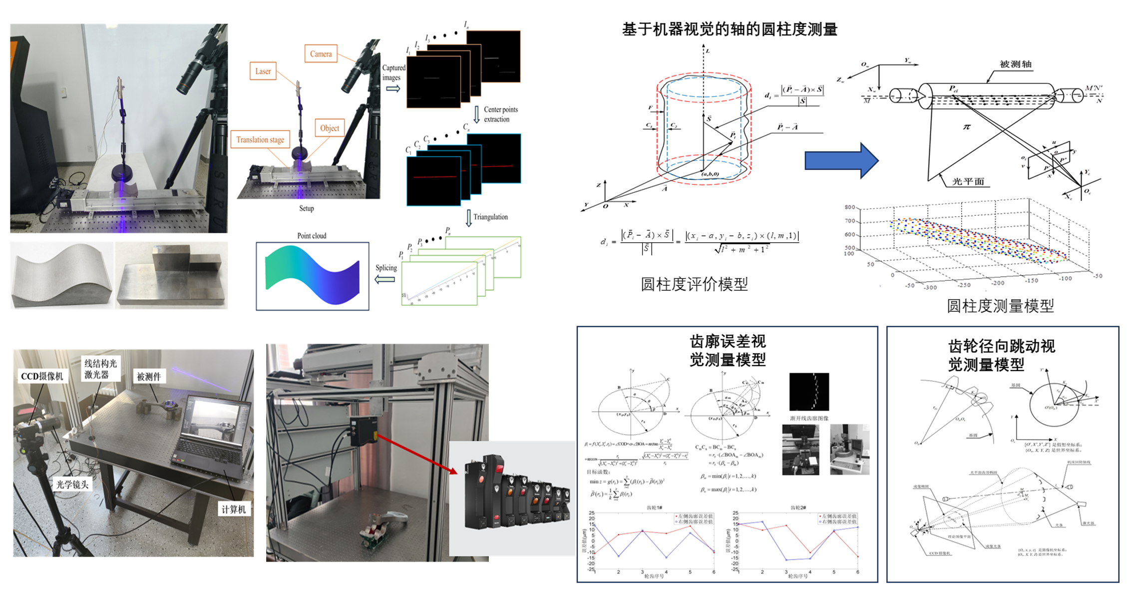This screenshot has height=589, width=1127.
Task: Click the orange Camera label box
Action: click(321, 54)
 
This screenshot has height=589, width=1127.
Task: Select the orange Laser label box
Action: click(263, 71)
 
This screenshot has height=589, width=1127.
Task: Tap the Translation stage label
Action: click(260, 140)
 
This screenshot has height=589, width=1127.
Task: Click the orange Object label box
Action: click(330, 128)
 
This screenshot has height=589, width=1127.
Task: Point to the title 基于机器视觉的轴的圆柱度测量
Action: click(730, 29)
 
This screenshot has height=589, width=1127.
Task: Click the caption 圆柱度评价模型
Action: click(694, 284)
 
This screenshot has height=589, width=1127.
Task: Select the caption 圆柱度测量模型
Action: click(1000, 306)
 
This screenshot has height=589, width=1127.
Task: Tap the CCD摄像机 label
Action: click(42, 376)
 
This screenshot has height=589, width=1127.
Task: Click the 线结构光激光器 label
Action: click(100, 369)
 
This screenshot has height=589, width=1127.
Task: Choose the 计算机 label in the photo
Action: click(234, 509)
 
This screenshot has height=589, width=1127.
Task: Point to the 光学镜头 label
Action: click(72, 484)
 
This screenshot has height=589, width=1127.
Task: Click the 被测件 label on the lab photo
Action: click(149, 377)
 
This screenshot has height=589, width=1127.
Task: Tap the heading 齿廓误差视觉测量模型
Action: click(728, 351)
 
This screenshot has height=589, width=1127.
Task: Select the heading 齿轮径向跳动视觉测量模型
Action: click(1001, 355)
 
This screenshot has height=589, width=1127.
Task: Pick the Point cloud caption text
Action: click(312, 236)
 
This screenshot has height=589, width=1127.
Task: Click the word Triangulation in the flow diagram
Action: click(490, 217)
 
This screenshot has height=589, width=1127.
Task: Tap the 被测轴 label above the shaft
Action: click(1015, 64)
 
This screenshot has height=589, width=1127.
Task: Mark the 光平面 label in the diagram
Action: click(968, 181)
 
